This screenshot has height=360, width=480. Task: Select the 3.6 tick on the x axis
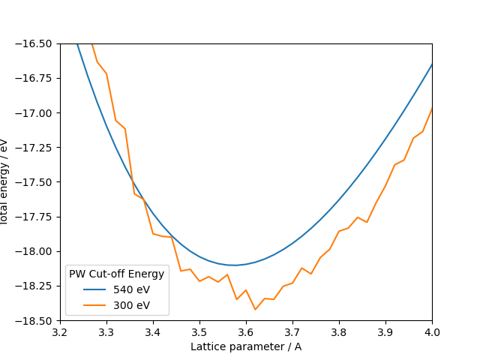(246, 331)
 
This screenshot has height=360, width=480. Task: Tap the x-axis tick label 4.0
(432, 331)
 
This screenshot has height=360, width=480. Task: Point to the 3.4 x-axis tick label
(153, 331)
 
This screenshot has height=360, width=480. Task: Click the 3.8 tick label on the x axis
(339, 331)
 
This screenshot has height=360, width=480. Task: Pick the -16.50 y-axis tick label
(38, 43)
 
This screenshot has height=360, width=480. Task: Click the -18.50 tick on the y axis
(38, 321)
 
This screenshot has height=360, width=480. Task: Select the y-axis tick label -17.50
(38, 182)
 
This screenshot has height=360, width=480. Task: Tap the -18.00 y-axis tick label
(38, 252)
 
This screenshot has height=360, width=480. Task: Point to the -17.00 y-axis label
(38, 113)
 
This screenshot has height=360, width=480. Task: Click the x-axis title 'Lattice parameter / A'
(246, 346)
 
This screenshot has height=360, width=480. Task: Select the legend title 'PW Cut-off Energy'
(116, 274)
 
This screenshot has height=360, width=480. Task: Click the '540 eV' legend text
(131, 289)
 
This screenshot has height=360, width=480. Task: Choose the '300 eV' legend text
(131, 305)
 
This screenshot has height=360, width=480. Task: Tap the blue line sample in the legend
(89, 289)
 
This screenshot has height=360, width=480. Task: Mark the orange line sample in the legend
(89, 305)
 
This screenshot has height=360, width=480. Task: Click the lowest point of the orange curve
(255, 309)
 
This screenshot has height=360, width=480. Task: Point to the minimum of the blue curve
(235, 265)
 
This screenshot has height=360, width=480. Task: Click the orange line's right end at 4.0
(432, 108)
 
